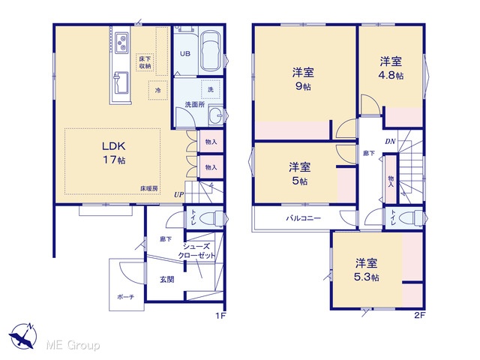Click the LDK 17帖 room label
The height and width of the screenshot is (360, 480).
coord(114,153)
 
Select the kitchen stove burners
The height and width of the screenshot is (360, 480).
coord(121,43)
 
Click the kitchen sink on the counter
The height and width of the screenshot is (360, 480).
coord(121,83)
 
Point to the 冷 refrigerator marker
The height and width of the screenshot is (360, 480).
coord(158,90)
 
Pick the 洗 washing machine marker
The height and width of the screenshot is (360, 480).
coord(211,89)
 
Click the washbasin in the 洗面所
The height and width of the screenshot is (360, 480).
coord(217,115)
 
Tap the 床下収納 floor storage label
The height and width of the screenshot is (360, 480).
coord(145,62)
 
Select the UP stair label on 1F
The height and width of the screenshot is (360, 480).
coord(178,195)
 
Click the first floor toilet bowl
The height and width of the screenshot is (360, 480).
coord(210,218)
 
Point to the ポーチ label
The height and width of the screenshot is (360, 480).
coord(125,297)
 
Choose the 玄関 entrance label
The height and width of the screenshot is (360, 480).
coord(167,279)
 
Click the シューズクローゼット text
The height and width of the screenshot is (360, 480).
coord(196,251)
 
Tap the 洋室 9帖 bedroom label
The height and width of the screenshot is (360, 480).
coord(303,79)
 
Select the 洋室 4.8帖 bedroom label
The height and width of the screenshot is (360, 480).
coord(391,68)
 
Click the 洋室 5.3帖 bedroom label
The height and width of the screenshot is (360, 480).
coord(367,270)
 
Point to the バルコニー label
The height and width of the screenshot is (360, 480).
coord(303,218)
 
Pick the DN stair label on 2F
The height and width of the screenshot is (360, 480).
coord(390,142)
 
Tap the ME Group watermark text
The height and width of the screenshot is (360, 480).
coord(73,345)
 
